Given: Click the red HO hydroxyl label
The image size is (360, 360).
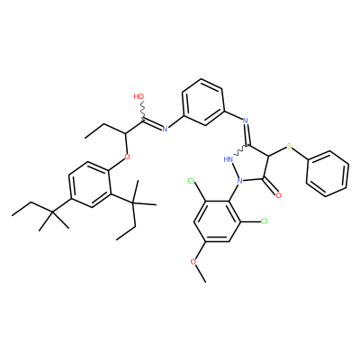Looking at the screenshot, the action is pyautogui.click(x=139, y=96).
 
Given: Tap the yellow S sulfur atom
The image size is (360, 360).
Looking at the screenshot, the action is pyautogui.click(x=289, y=146).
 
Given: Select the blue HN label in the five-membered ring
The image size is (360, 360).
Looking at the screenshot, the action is pyautogui.click(x=229, y=159).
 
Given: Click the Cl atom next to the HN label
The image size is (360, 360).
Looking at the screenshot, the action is pyautogui.click(x=192, y=181).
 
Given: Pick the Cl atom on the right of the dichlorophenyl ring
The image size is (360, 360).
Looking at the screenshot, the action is pyautogui.click(x=264, y=221).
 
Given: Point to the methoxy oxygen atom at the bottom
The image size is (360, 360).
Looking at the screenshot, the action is pyautogui.click(x=193, y=261).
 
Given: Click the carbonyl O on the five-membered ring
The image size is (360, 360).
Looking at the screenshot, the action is pyautogui.click(x=279, y=195).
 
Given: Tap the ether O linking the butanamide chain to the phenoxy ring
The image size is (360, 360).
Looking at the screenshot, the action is pyautogui.click(x=127, y=157).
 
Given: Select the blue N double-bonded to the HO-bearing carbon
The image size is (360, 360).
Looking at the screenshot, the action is pyautogui.click(x=165, y=130).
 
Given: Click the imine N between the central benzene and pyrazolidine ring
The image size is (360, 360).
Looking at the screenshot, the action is pyautogui.click(x=246, y=121).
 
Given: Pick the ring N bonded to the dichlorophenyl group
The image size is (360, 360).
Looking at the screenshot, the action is pyautogui.click(x=239, y=181).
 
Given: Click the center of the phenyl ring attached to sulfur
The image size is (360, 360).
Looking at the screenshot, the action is pyautogui.click(x=328, y=174).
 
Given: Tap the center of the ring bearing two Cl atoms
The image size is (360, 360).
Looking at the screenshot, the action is pyautogui.click(x=217, y=221).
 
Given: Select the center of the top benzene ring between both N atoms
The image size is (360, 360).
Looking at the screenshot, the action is pyautogui.click(x=202, y=103).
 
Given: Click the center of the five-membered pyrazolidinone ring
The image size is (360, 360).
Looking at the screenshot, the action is pyautogui.click(x=251, y=166).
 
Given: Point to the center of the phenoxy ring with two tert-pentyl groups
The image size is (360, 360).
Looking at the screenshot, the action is pyautogui.click(x=89, y=185).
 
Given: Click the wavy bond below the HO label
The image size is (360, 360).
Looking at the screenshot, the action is pyautogui.click(x=142, y=110).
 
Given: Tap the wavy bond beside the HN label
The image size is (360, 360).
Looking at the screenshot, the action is pyautogui.click(x=240, y=151).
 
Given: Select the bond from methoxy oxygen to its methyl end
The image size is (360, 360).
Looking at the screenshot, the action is pyautogui.click(x=201, y=274).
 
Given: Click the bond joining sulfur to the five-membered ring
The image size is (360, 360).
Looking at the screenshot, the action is pyautogui.click(x=277, y=151).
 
